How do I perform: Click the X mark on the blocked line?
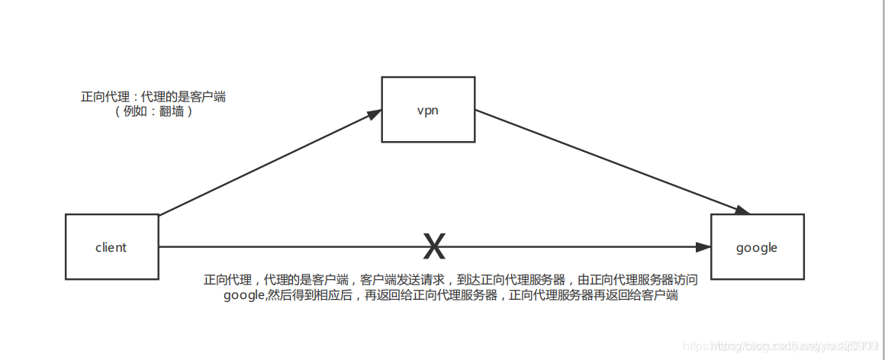pos(434,246)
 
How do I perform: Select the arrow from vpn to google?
pos(610,160)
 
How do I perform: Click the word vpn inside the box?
pos(428,110)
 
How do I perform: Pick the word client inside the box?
pos(111,247)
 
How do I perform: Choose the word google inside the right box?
pos(757,248)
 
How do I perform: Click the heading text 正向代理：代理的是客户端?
pos(153,97)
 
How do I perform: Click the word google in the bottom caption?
pos(243,296)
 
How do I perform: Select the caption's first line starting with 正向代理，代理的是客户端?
pos(450,280)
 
